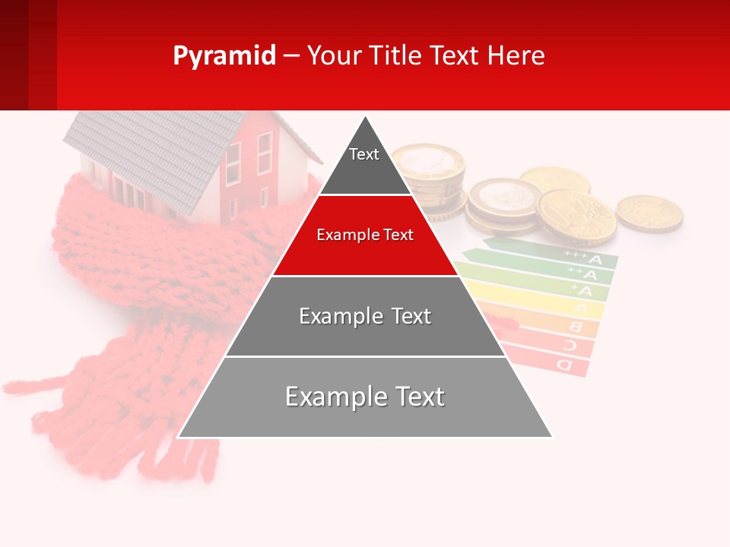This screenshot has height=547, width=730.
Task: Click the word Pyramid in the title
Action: (x=224, y=56)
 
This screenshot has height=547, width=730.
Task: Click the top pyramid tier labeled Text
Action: (x=364, y=163)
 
